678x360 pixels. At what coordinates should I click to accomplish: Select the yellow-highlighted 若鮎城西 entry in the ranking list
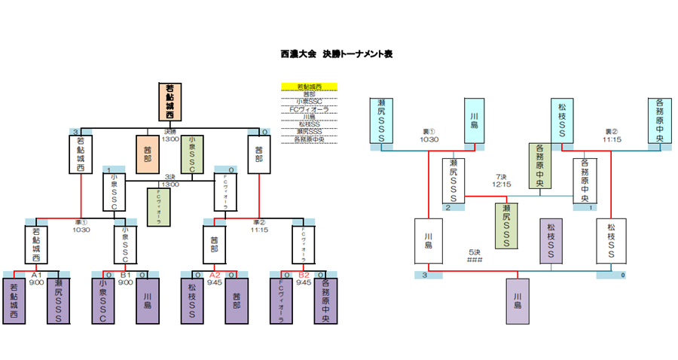coord(309,87)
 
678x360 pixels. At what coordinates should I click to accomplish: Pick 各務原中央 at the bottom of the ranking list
coord(309,139)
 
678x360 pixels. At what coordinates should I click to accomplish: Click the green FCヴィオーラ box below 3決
coord(159,206)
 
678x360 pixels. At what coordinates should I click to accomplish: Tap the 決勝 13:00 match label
coord(171,136)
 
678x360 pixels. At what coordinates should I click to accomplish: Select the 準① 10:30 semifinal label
coord(81,226)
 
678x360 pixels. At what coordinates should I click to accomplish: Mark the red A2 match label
coord(215,275)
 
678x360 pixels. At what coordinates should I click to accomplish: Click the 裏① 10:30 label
coord(429,135)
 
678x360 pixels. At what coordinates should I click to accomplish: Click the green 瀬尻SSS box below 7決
coord(507,225)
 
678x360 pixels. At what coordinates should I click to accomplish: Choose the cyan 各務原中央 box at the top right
coord(660,121)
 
